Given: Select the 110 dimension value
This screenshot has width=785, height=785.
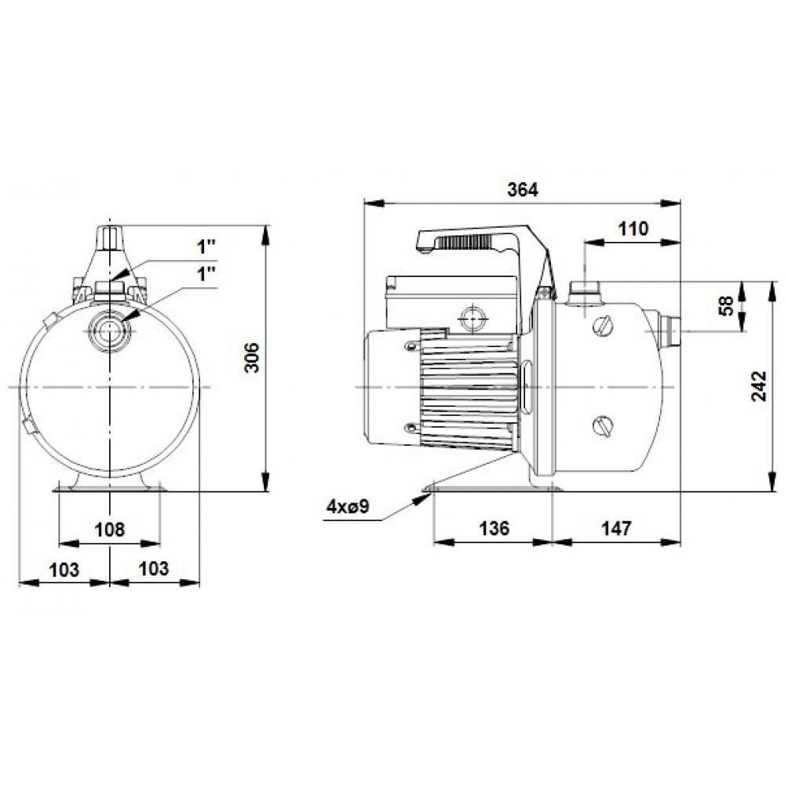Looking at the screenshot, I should click(x=633, y=228).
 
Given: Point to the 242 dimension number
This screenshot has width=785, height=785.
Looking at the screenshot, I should click(x=759, y=385).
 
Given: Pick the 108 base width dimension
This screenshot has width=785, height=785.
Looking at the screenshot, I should click(x=110, y=529).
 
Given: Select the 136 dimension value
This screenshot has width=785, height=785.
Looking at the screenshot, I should click(x=494, y=528).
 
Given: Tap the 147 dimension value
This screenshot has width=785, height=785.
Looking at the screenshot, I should click(x=617, y=528).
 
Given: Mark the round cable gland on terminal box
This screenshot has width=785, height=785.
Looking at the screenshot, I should click(x=474, y=318).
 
